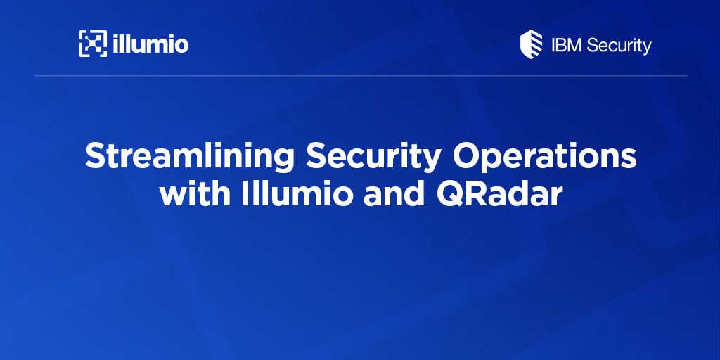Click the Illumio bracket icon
(93, 44)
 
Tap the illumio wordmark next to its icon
(150, 44)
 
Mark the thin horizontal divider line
(360, 75)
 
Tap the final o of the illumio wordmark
(180, 46)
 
